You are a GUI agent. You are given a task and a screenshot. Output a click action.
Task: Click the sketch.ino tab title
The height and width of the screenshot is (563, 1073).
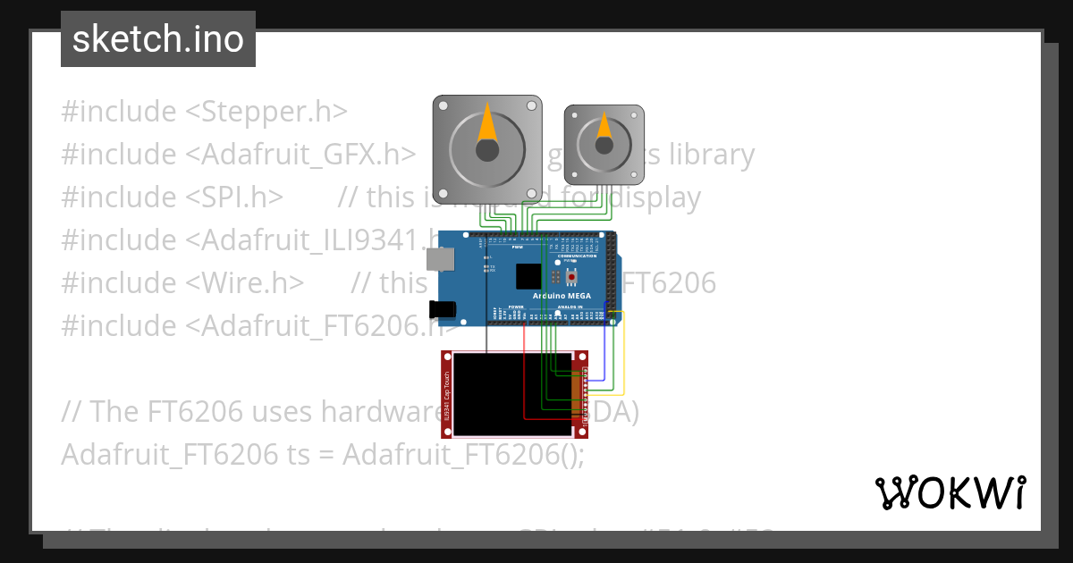pyautogui.click(x=157, y=39)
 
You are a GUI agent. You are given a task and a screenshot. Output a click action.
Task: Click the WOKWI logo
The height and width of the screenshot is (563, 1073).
pyautogui.click(x=950, y=492)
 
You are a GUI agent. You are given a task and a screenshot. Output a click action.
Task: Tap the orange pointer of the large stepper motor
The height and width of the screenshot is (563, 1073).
pyautogui.click(x=486, y=124)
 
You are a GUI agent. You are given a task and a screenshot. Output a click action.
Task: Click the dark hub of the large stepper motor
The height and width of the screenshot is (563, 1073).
pyautogui.click(x=486, y=150)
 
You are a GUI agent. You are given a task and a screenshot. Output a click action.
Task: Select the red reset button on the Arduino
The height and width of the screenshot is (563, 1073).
pyautogui.click(x=570, y=277)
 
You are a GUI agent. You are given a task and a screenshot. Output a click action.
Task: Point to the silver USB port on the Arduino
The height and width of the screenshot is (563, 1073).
pyautogui.click(x=440, y=259)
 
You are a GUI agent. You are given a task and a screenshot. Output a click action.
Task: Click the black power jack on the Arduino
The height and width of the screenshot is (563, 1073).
pyautogui.click(x=442, y=309)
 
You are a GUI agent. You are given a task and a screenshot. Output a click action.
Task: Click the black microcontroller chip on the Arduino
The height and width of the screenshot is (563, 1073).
pyautogui.click(x=528, y=276)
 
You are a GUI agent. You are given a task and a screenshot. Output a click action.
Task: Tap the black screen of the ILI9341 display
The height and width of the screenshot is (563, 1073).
pyautogui.click(x=501, y=393)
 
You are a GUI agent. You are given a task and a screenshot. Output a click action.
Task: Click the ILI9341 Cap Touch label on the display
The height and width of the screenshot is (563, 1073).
pyautogui.click(x=446, y=394)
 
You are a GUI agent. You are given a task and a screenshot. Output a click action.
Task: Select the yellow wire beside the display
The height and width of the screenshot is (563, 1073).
pyautogui.click(x=623, y=357)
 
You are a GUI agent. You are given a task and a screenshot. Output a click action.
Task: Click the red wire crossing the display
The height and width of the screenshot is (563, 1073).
pyautogui.click(x=524, y=375)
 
